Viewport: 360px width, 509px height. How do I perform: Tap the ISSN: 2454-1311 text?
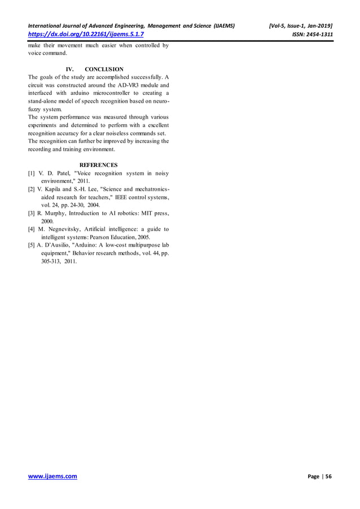(311, 34)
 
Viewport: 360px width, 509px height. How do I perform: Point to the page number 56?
(328, 477)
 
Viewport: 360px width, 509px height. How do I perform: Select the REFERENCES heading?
(98, 165)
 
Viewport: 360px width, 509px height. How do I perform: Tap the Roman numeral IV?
(71, 69)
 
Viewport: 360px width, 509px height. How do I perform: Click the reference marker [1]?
(32, 173)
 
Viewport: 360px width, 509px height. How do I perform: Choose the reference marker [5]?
(32, 245)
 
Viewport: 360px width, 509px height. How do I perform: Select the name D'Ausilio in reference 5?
(61, 245)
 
